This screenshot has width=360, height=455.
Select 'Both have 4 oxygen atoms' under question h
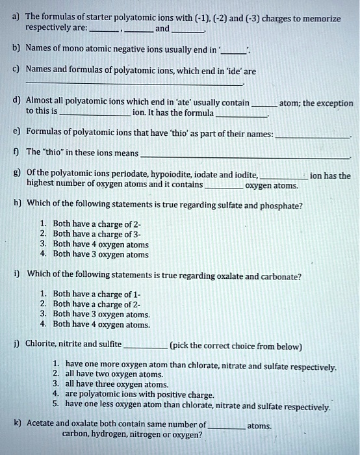click(101, 244)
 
